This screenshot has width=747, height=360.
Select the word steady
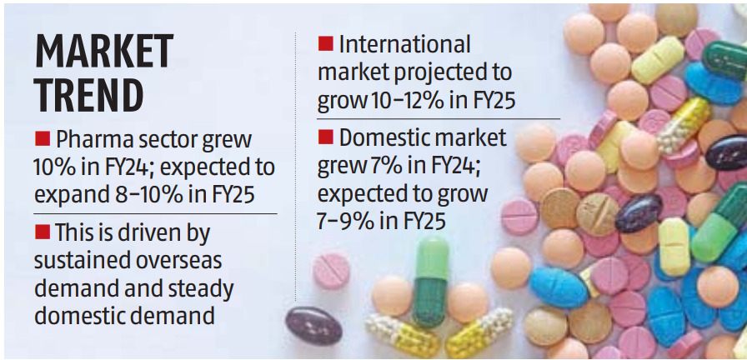(199, 288)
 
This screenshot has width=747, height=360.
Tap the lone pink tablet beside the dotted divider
(331, 272)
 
